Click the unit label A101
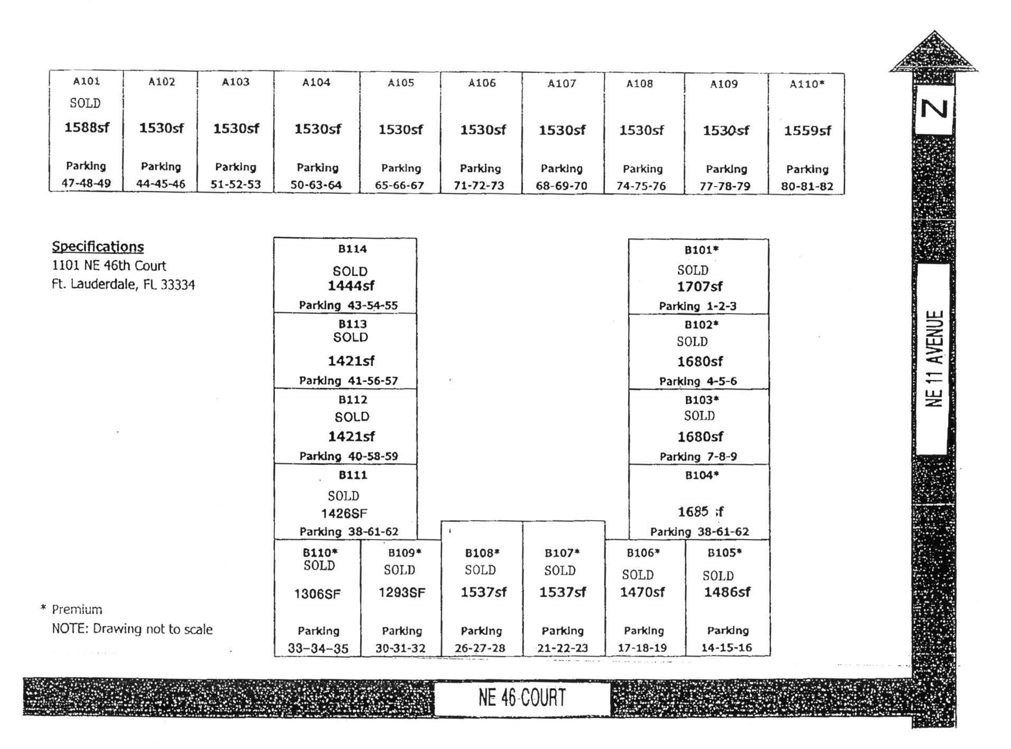point(86,81)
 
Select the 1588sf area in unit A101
point(87,127)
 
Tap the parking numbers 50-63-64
point(316,185)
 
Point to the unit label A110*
point(807,84)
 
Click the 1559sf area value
point(807,131)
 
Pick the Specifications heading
point(98,247)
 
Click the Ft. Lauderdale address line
point(123,284)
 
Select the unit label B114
point(353,249)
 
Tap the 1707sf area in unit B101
point(700,286)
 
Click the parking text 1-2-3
point(722,306)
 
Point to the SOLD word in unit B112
point(352,417)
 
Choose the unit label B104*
point(702,475)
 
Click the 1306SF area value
point(317,594)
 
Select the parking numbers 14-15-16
point(727,648)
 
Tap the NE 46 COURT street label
point(522,698)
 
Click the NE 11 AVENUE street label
point(934,359)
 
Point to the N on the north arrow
point(934,109)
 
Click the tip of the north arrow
point(934,31)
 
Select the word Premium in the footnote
point(77,609)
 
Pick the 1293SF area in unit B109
point(402,593)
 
